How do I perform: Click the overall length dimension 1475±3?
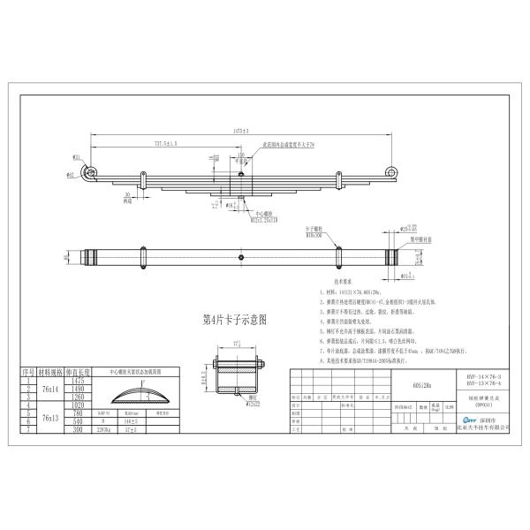[238, 131]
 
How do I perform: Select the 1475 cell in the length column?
[78, 381]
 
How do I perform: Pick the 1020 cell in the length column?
[78, 402]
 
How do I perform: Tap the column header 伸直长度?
[78, 374]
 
